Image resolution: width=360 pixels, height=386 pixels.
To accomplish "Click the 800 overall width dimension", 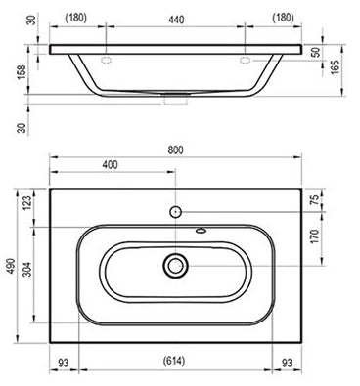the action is coord(176,150).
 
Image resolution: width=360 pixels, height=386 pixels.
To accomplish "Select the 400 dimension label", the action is coord(111,165).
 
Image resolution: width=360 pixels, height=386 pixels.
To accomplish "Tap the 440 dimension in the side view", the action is coord(176,20).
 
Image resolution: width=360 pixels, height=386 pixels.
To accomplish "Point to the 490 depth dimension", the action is coord(12,266).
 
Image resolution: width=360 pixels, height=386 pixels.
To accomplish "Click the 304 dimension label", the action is coord(28,269).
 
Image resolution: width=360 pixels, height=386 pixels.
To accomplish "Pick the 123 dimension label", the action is coord(27,202).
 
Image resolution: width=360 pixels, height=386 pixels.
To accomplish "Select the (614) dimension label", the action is coord(173,361).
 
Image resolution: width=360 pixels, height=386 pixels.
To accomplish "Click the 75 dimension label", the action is coord(315,198).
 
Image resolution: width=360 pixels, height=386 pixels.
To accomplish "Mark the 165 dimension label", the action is coord(336,67).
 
